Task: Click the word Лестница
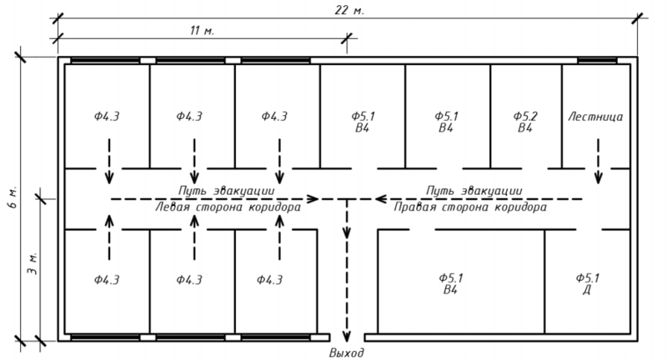596,117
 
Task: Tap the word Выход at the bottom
347,352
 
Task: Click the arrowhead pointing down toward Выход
347,330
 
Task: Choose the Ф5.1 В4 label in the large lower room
450,283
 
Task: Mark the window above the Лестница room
596,61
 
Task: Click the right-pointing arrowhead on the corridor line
313,199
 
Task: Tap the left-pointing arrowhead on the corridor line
380,199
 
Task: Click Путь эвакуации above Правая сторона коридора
473,190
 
